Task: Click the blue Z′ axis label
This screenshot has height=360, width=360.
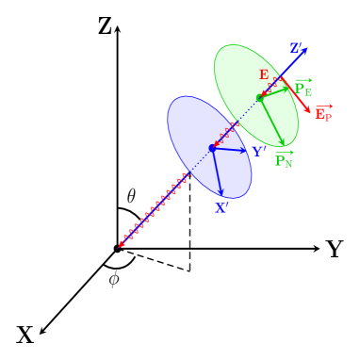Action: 296,48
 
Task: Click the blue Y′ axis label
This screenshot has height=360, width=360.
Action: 257,152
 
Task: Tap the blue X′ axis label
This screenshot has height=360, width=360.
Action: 221,208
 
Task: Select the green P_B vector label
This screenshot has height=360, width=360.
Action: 303,89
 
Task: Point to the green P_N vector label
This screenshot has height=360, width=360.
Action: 283,161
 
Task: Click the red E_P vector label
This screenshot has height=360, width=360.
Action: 323,114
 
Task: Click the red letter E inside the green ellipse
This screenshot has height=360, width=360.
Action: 264,75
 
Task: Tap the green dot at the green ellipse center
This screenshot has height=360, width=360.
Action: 259,97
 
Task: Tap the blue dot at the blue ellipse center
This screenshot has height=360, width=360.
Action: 212,147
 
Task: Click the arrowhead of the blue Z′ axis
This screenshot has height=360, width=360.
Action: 303,50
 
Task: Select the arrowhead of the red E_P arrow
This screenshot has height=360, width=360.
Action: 307,110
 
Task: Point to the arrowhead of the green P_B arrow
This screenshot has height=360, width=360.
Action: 287,89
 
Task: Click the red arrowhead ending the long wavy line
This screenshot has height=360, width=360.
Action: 122,244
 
